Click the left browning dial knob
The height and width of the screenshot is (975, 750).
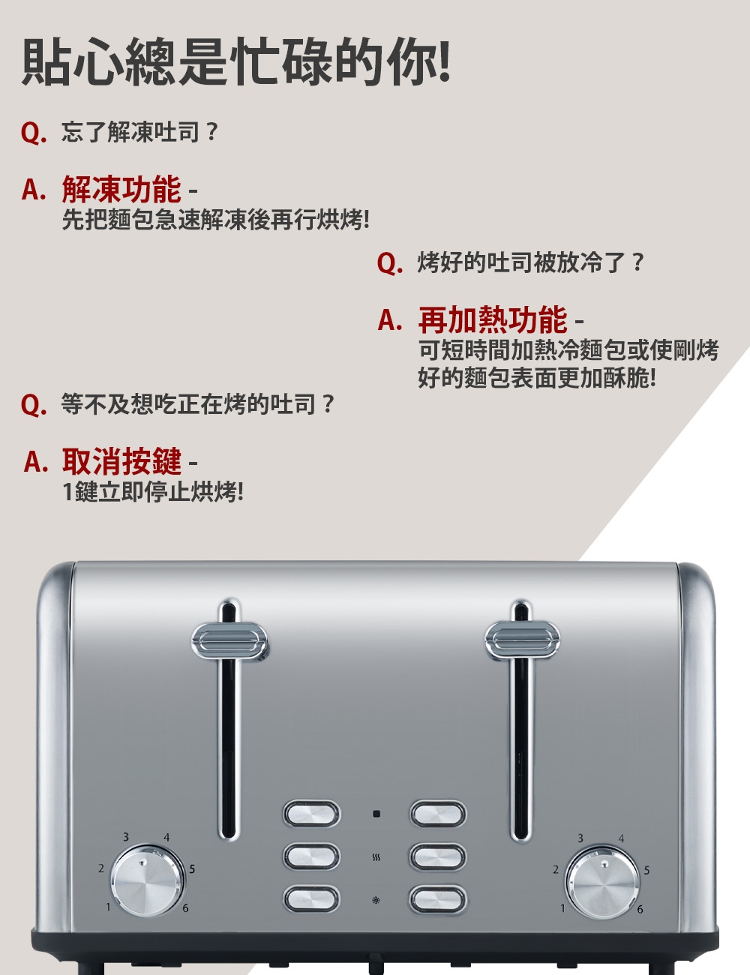point(147,880)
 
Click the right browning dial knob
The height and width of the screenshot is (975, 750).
point(602,882)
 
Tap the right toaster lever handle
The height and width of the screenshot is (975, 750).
point(523,640)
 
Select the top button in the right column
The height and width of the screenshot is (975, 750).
point(438,814)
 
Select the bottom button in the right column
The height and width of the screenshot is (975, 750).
point(438,899)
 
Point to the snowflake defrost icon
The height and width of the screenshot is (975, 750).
point(376,899)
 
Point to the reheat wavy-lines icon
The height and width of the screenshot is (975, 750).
point(376,858)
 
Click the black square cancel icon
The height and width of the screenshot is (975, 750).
point(376,814)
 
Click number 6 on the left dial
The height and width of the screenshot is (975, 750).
point(185,908)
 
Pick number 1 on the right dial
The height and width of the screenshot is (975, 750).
point(562,908)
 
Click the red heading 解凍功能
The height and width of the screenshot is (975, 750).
point(121,189)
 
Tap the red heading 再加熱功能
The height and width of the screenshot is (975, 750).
point(493,319)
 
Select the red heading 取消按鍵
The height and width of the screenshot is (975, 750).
point(121,460)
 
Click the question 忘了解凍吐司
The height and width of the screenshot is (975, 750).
point(130,132)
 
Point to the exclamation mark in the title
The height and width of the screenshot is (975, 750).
point(444,61)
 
